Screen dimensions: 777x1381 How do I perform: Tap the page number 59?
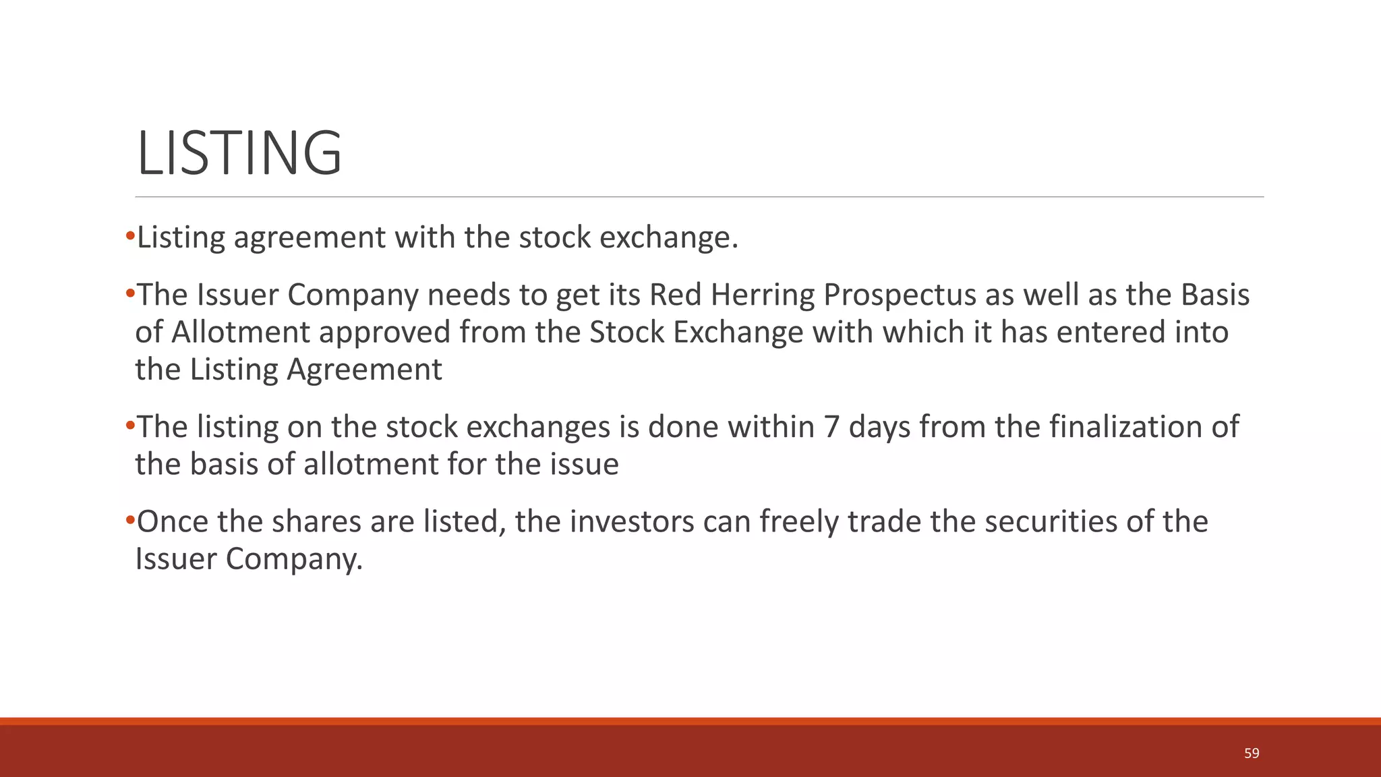point(1252,753)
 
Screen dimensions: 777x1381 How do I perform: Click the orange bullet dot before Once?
point(130,521)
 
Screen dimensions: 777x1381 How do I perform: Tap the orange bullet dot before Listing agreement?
point(130,237)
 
